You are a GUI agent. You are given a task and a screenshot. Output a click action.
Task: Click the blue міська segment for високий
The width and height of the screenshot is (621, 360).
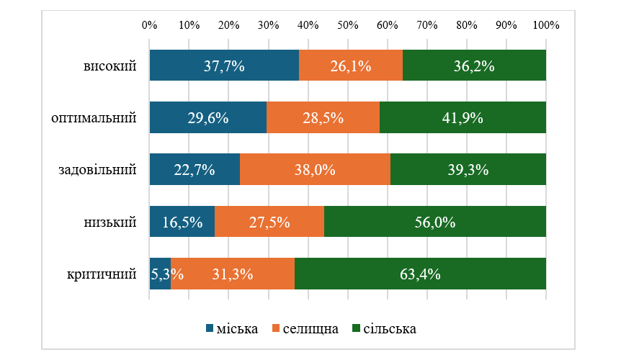(x=224, y=66)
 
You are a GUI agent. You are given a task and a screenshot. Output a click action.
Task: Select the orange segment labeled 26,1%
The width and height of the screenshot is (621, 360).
(x=351, y=66)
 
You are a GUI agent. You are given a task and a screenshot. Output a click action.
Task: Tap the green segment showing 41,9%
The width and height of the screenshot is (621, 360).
(x=463, y=118)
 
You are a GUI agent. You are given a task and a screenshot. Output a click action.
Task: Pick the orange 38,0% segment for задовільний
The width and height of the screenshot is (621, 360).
(x=315, y=170)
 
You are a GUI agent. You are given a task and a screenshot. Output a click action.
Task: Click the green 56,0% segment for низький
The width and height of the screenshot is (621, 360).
(x=434, y=222)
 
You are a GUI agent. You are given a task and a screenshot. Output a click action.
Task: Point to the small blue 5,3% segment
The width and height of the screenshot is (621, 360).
(x=160, y=274)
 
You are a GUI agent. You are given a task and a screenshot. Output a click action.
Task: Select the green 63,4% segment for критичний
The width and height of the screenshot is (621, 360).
(x=420, y=274)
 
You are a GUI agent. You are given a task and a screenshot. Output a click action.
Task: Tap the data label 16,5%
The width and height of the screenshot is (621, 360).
(x=181, y=222)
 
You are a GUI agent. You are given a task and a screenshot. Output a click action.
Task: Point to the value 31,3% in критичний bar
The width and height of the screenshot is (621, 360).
(x=232, y=274)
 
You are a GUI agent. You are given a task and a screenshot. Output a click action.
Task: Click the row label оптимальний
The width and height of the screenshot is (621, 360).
(x=94, y=117)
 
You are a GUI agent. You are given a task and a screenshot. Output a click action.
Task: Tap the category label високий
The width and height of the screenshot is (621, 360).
(x=110, y=66)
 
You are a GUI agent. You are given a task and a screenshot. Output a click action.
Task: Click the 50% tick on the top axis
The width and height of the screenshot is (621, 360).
(x=348, y=24)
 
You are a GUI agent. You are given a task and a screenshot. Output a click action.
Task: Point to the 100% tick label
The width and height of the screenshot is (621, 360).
(x=546, y=24)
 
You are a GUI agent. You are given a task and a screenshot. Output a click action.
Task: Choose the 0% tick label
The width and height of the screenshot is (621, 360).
(x=150, y=24)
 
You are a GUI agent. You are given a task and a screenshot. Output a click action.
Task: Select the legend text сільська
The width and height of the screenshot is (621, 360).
(x=390, y=329)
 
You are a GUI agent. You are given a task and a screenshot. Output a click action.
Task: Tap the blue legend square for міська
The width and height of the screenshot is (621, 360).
(x=210, y=329)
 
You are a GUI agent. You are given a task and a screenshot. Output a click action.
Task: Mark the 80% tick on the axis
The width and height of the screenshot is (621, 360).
(x=467, y=24)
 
